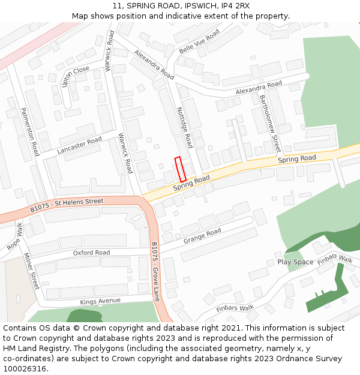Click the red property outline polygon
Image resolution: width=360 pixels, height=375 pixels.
(180, 169)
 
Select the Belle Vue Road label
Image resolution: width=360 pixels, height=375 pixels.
(199, 40)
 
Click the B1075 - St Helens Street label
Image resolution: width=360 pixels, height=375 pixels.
(67, 205)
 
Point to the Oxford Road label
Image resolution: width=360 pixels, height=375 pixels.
(91, 253)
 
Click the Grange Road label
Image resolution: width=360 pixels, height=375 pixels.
(202, 236)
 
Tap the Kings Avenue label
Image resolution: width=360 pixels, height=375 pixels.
(100, 301)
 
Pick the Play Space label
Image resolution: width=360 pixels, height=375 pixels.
(295, 262)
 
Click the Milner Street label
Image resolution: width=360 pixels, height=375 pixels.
(31, 271)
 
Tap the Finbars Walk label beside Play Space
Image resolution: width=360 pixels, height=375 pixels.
(335, 259)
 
